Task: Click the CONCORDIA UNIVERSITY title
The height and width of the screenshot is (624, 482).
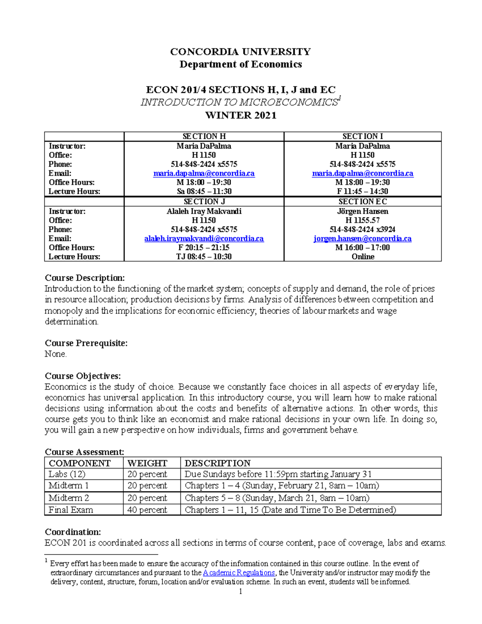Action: (240, 52)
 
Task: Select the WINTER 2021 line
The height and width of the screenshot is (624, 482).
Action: (241, 115)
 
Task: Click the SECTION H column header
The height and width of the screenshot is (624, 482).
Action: (204, 137)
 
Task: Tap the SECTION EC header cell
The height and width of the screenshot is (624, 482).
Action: (362, 202)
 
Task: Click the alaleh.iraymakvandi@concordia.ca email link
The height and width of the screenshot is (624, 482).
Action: (204, 239)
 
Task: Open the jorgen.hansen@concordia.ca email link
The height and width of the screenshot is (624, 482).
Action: (362, 239)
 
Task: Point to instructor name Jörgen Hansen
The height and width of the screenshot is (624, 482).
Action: (362, 211)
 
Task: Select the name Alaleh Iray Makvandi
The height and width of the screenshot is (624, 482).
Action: (204, 211)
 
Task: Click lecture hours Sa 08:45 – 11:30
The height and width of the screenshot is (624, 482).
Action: (204, 192)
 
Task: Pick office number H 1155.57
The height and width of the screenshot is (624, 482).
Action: (362, 220)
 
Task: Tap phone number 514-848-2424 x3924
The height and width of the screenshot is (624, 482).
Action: (362, 229)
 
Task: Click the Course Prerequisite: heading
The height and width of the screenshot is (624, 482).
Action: (86, 343)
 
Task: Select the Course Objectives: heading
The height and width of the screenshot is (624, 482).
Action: (83, 376)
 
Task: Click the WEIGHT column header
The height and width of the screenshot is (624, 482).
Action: (147, 463)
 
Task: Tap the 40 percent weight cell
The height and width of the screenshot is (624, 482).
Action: (147, 510)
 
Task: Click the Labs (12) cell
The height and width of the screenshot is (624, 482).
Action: (67, 474)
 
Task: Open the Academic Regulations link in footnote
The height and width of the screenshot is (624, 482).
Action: (239, 573)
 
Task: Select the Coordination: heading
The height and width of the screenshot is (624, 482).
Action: (73, 532)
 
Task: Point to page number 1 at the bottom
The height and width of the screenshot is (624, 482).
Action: (240, 591)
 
